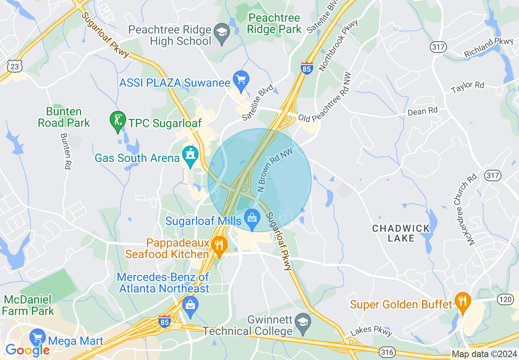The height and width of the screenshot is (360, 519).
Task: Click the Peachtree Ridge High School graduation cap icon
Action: click(x=223, y=31)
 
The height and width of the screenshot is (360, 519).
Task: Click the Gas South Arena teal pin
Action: click(x=190, y=155)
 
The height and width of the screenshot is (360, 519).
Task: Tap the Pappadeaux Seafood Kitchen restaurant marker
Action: click(x=220, y=245)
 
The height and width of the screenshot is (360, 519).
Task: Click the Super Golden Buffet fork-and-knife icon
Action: click(x=463, y=302)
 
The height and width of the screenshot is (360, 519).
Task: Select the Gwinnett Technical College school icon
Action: click(x=303, y=322)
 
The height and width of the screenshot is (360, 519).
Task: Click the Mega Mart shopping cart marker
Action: click(x=38, y=337)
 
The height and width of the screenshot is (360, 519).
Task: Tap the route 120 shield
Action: click(x=505, y=299)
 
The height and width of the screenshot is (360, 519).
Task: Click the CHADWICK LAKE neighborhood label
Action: click(x=401, y=233)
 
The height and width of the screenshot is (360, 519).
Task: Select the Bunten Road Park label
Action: click(x=63, y=117)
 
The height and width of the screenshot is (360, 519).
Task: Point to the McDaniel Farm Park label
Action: click(x=27, y=305)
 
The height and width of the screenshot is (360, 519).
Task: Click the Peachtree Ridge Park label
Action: click(x=274, y=23)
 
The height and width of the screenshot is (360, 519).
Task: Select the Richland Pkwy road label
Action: click(x=488, y=47)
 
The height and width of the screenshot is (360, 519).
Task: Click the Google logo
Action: click(x=27, y=350)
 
